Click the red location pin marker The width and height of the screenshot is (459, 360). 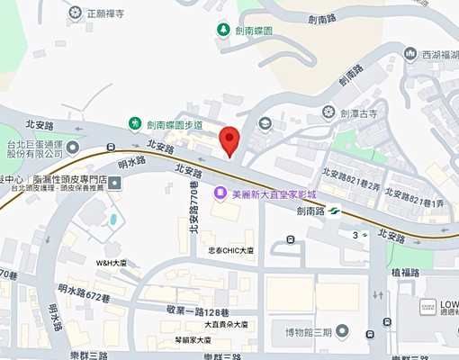tap(230, 140)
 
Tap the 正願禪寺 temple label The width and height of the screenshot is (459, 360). tap(110, 14)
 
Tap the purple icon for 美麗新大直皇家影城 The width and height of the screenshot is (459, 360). tap(220, 193)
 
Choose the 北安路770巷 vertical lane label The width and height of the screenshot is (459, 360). tap(193, 206)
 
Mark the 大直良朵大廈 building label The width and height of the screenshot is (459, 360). tap(223, 324)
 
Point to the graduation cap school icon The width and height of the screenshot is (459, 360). tap(265, 123)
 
